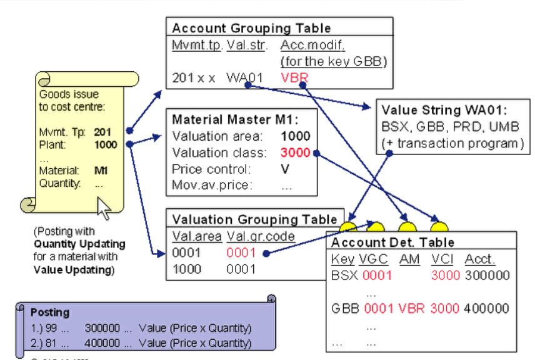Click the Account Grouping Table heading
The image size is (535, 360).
(251, 28)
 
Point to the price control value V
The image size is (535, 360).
(286, 169)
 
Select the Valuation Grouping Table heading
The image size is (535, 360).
(254, 219)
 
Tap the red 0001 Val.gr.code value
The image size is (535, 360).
(241, 252)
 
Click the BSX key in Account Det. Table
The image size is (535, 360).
(342, 275)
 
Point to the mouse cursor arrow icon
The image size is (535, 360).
(104, 207)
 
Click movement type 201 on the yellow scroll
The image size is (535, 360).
(103, 132)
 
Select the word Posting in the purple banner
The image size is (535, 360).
(49, 312)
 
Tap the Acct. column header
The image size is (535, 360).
(480, 259)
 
